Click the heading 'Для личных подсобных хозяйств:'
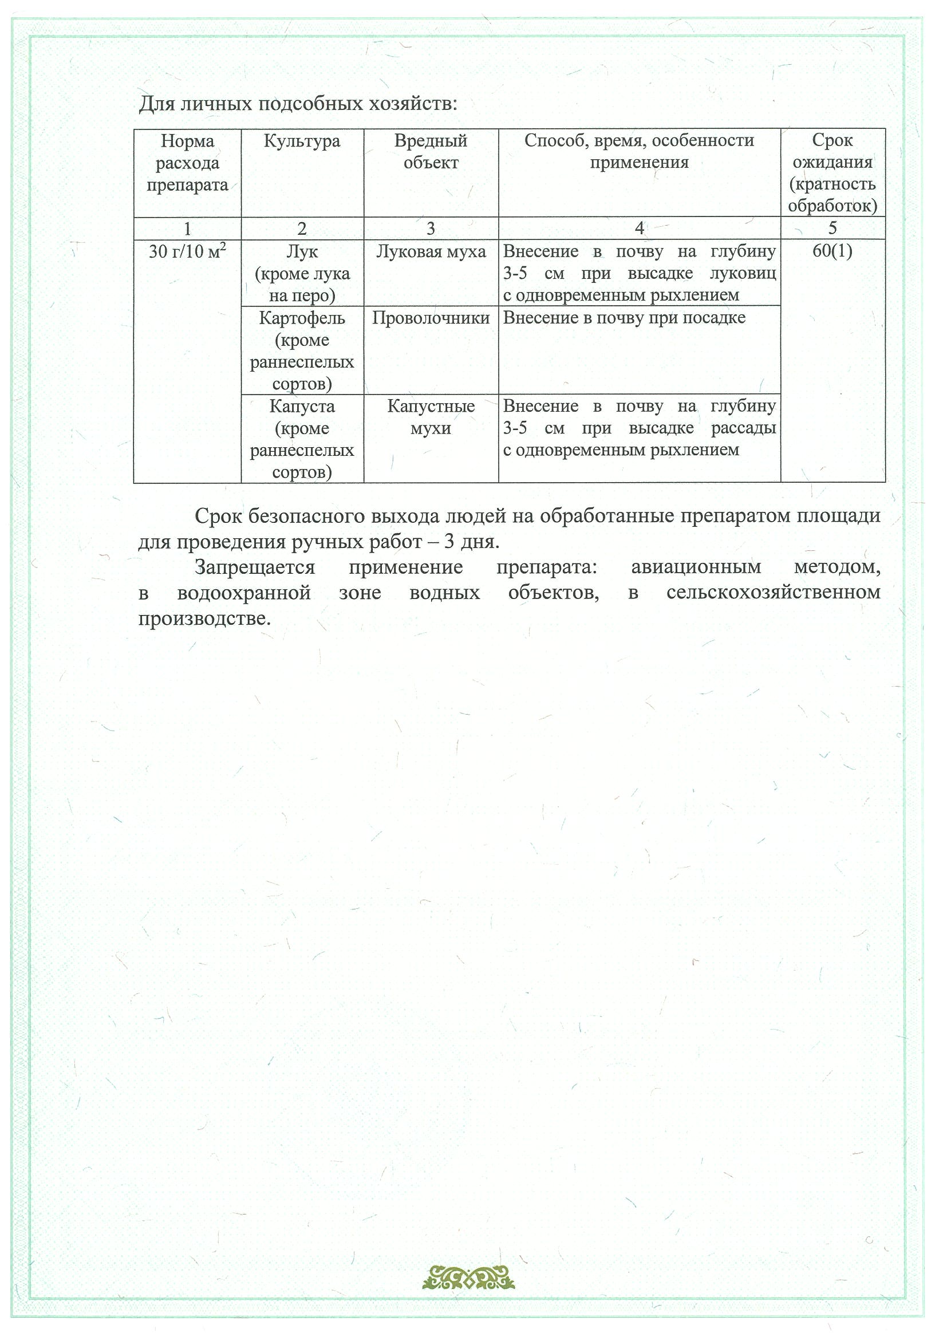[298, 104]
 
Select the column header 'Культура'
[302, 141]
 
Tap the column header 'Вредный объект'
[431, 152]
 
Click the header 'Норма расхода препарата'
[187, 163]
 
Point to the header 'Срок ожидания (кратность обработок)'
[832, 173]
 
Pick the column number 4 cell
[639, 228]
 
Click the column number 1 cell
[187, 228]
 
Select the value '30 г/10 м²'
[187, 251]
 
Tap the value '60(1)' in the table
[832, 251]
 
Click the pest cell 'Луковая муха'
[431, 251]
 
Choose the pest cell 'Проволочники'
[431, 318]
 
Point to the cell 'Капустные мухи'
[431, 417]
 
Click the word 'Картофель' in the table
[302, 318]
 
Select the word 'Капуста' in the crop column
[302, 406]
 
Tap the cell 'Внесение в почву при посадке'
[624, 318]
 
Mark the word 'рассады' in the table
[743, 428]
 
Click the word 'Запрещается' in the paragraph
[255, 567]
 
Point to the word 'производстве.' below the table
[204, 618]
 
